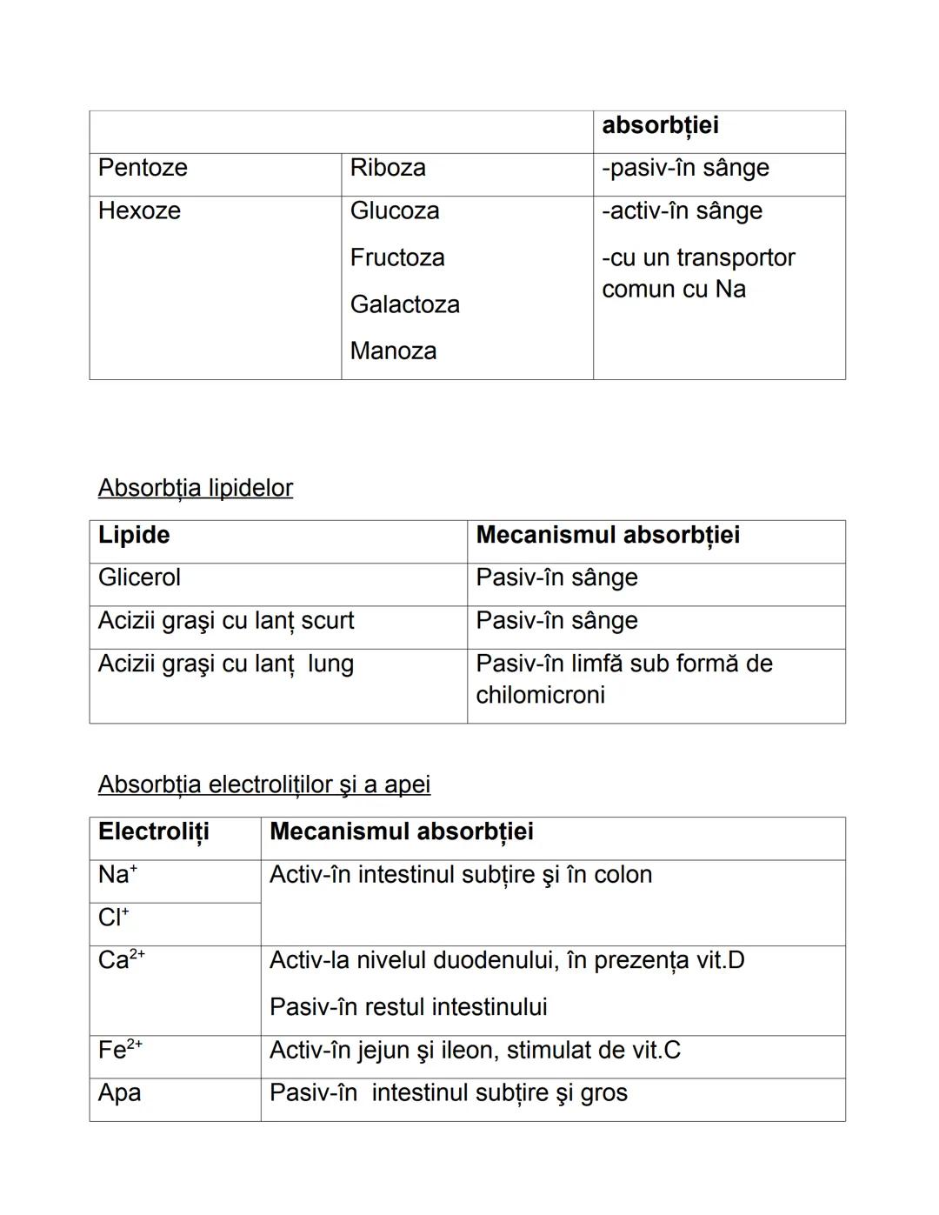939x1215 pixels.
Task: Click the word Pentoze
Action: [143, 168]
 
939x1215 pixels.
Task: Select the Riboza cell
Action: [388, 168]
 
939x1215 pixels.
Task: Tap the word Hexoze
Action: [139, 210]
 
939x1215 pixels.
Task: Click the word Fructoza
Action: [397, 257]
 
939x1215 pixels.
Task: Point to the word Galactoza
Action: [404, 304]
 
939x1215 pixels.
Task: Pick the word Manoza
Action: [393, 351]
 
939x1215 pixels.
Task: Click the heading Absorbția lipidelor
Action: [196, 488]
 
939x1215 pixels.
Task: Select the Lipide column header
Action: [134, 535]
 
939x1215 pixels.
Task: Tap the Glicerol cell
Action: [139, 577]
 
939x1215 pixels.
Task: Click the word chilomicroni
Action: [540, 695]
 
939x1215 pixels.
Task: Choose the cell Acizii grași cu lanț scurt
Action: [226, 621]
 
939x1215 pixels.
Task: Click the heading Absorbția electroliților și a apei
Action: [264, 784]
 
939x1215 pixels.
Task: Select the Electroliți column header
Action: [154, 831]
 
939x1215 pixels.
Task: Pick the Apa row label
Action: [119, 1093]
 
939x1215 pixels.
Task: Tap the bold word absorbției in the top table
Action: [660, 125]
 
